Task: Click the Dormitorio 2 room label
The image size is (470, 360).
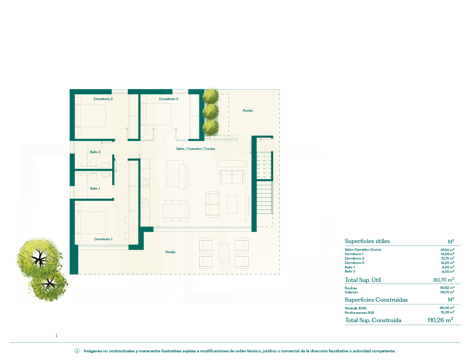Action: [103, 99]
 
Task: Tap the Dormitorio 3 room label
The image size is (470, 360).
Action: [168, 99]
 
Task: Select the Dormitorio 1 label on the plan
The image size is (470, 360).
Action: [103, 239]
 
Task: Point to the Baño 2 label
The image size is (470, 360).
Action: [95, 152]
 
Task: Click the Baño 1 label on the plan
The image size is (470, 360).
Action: [95, 188]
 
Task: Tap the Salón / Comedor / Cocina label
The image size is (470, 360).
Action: [196, 149]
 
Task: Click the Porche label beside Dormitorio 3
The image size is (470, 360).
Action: [247, 110]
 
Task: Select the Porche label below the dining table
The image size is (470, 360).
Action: [170, 252]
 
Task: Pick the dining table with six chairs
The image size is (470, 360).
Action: [176, 211]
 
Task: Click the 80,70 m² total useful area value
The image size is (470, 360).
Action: [443, 280]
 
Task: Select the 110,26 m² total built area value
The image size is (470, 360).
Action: [440, 320]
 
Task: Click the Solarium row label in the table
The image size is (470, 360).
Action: [351, 292]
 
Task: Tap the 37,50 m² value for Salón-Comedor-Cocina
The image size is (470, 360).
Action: [447, 250]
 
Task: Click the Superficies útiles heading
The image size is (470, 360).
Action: [367, 241]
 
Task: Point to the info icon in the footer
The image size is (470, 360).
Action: [77, 351]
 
